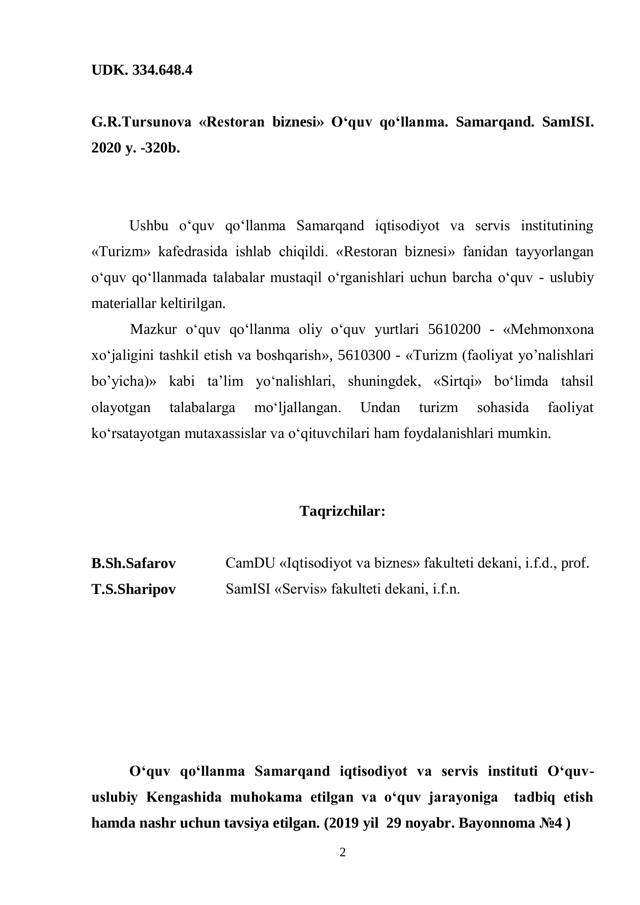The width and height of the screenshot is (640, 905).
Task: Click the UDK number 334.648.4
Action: pos(163,70)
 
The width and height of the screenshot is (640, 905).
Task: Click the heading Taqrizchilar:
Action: pos(342,511)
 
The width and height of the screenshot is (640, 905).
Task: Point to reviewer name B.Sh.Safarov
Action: pos(133,563)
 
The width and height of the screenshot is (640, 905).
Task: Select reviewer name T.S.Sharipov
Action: pos(133,589)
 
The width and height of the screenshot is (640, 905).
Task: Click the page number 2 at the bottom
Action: pos(342,852)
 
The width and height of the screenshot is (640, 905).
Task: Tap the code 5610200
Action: pos(454,329)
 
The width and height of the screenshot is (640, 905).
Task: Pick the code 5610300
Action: pos(364,355)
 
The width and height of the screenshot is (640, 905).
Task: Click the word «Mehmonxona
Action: pos(548,329)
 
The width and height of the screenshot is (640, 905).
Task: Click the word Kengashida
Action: pos(184,797)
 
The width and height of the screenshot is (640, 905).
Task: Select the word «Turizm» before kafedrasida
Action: pos(121,251)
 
